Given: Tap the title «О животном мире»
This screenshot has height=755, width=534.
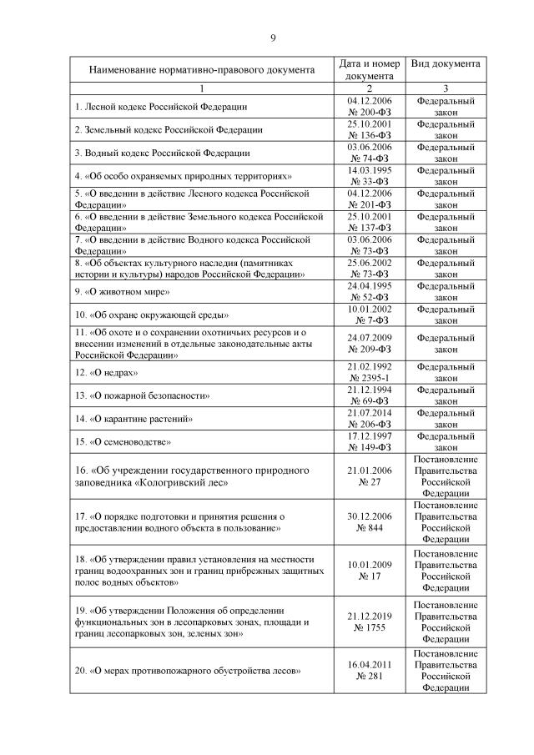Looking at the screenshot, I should pos(122,292).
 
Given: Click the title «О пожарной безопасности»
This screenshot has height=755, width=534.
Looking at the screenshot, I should pos(143,395).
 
